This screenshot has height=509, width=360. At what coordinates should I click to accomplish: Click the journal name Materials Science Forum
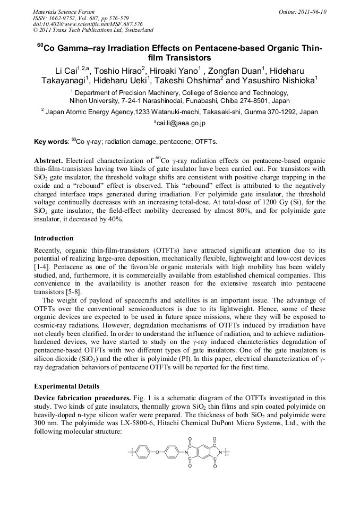64,11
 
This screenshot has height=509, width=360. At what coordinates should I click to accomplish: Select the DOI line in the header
80,24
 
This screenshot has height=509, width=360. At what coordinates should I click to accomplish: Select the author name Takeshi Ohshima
188,81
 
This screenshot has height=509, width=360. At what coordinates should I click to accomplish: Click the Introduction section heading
54,238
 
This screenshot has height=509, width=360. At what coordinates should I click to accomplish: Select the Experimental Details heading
66,386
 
